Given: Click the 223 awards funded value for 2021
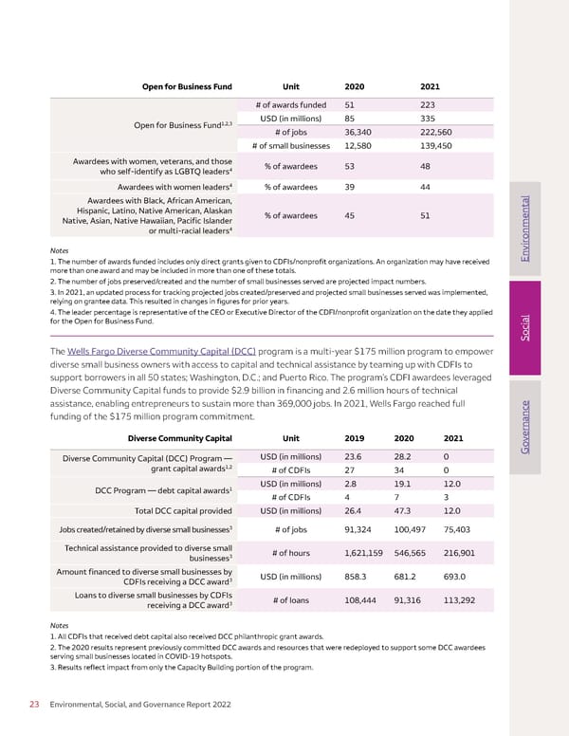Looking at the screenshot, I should click(x=429, y=104).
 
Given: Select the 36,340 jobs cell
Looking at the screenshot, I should click(x=362, y=132).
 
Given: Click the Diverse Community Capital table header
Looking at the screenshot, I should click(x=180, y=438).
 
